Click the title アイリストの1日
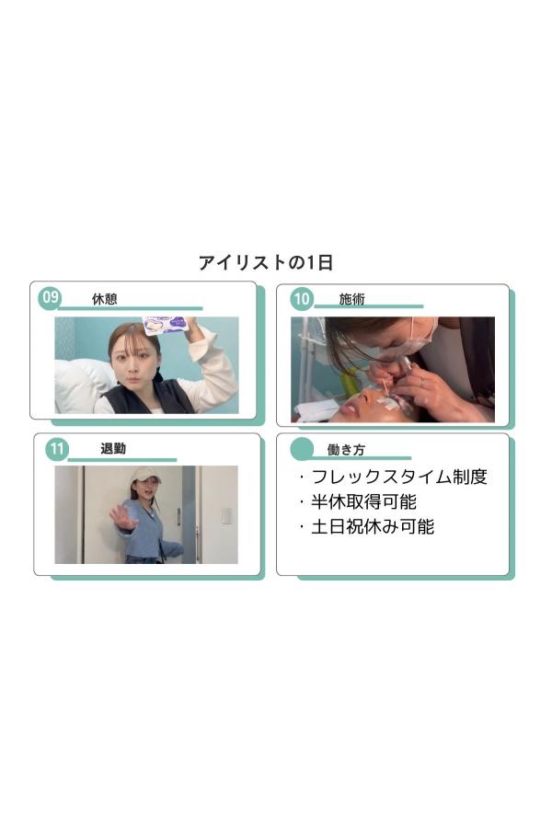(266, 262)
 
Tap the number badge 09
(51, 297)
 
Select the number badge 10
(302, 299)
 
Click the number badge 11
(56, 449)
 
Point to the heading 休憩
(105, 299)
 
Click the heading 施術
(351, 299)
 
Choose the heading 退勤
(113, 449)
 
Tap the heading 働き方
(346, 450)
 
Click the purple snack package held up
(166, 325)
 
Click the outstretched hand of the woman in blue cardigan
(123, 517)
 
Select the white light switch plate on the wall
(226, 515)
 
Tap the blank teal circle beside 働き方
(302, 449)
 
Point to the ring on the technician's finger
(420, 381)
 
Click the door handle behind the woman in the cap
(179, 516)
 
